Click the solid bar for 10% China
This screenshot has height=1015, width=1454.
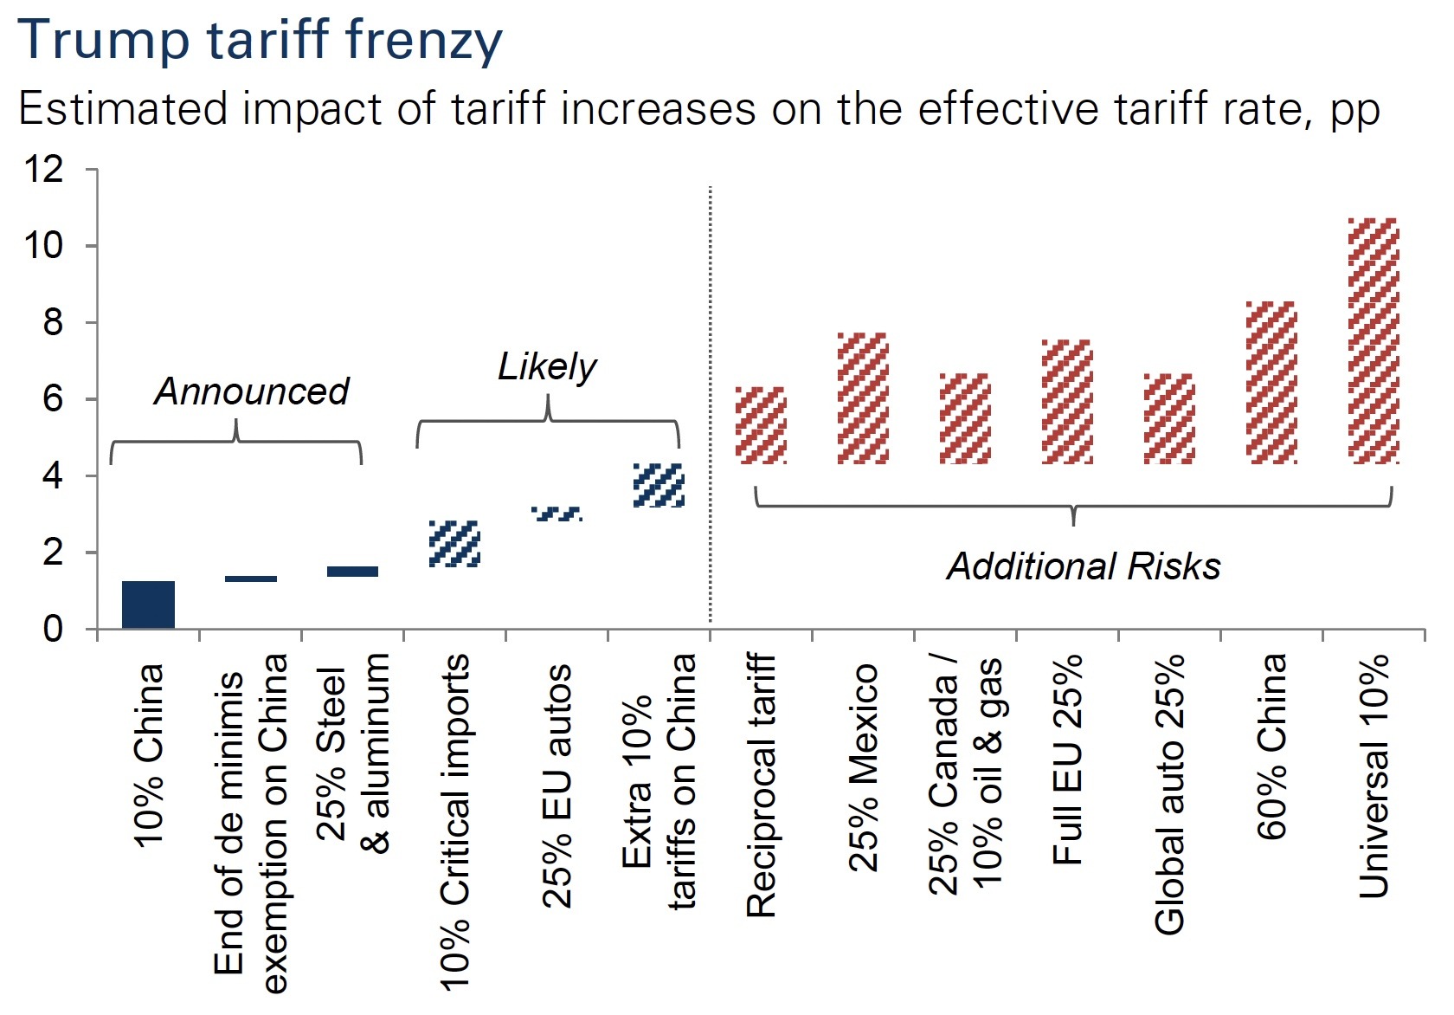pyautogui.click(x=148, y=604)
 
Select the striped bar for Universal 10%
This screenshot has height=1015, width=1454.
pyautogui.click(x=1374, y=340)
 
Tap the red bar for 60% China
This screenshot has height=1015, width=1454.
pyautogui.click(x=1271, y=382)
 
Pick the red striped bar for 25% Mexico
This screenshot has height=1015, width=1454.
pyautogui.click(x=863, y=398)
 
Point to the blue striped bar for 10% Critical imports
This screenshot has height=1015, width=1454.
pyautogui.click(x=454, y=544)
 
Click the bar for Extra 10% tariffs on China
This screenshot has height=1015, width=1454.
pyautogui.click(x=659, y=485)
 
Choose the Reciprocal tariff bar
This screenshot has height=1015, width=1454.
pyautogui.click(x=761, y=425)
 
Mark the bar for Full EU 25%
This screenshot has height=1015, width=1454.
pyautogui.click(x=1067, y=401)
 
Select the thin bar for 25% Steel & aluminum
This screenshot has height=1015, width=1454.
pyautogui.click(x=352, y=572)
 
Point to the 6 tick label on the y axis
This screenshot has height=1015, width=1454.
pyautogui.click(x=53, y=399)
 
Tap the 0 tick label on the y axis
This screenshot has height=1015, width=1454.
pyautogui.click(x=53, y=629)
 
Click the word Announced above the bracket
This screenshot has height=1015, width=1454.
pyautogui.click(x=252, y=391)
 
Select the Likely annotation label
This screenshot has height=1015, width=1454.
pyautogui.click(x=547, y=366)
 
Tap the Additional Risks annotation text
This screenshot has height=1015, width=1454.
pyautogui.click(x=1084, y=566)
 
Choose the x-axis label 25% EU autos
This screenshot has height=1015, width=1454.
pyautogui.click(x=557, y=785)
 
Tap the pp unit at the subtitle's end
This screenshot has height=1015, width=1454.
pyautogui.click(x=1354, y=111)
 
